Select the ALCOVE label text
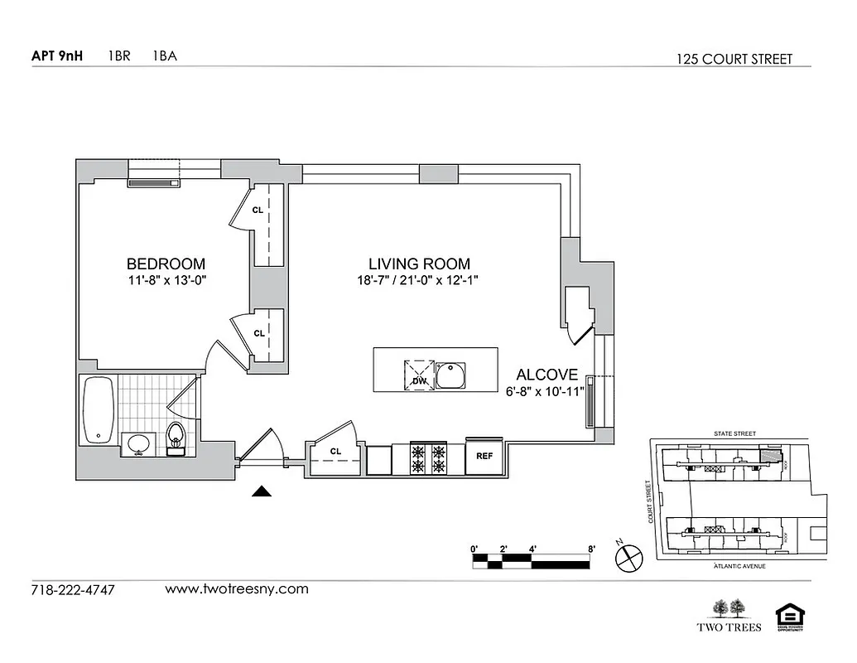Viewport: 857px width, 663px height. (x=547, y=375)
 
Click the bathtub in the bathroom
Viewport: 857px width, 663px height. (x=99, y=410)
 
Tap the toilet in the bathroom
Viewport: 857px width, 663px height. (x=176, y=438)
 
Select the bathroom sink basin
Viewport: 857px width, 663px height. (x=138, y=444)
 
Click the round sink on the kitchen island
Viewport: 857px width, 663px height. (x=452, y=375)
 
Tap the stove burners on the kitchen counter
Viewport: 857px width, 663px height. (x=429, y=459)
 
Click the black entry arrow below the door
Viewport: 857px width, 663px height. (x=262, y=491)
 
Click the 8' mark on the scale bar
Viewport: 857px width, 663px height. (x=591, y=549)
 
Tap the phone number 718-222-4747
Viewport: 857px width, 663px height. (x=73, y=590)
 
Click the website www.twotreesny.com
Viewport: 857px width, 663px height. (x=237, y=589)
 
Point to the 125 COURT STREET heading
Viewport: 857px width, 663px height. (x=734, y=59)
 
